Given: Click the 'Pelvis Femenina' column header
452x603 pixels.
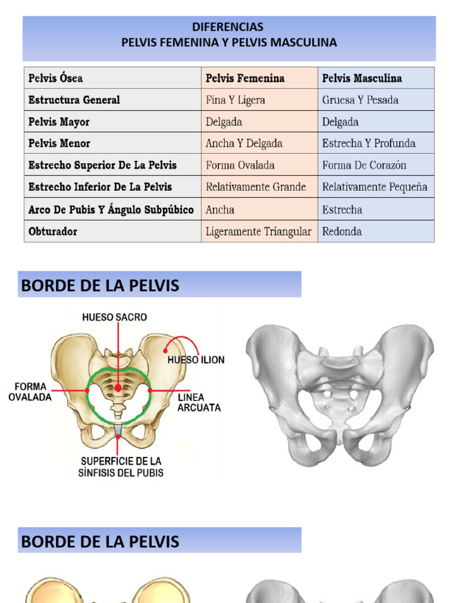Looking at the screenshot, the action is pos(245,78).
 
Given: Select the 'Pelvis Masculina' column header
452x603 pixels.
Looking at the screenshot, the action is pos(362,78).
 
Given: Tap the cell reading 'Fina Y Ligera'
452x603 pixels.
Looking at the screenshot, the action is pos(235,100).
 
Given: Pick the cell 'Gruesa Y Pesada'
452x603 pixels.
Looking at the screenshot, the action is pos(360,100).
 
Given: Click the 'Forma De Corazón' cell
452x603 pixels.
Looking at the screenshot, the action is pos(364,165).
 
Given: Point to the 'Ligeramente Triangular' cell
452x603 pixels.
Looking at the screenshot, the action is pos(258,231).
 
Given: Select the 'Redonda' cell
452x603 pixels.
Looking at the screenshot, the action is pos(342,231).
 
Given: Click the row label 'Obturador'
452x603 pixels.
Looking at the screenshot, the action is pos(52,231).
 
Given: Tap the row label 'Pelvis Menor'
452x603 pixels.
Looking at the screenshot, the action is pos(59,144).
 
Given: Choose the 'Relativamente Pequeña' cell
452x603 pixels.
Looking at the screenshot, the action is pos(374,187).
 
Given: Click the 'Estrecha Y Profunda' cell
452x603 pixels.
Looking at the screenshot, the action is pos(368,144).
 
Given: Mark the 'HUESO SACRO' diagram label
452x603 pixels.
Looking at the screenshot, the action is pos(115,317).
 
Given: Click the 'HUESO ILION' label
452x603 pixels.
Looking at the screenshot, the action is pos(196,360).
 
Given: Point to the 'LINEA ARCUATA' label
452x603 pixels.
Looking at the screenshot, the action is pos(199,403).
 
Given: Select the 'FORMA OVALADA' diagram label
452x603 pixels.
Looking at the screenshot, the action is pos(30,392).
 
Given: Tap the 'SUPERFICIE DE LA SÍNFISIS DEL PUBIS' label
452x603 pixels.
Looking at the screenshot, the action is pos(121,466).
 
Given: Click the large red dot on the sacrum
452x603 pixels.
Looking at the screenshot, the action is pos(118,387).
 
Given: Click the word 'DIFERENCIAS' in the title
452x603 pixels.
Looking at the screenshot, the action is pos(228,27).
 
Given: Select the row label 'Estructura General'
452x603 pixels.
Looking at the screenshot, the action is pos(74,100).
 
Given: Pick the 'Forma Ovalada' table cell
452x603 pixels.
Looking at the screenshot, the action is pos(240,165).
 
